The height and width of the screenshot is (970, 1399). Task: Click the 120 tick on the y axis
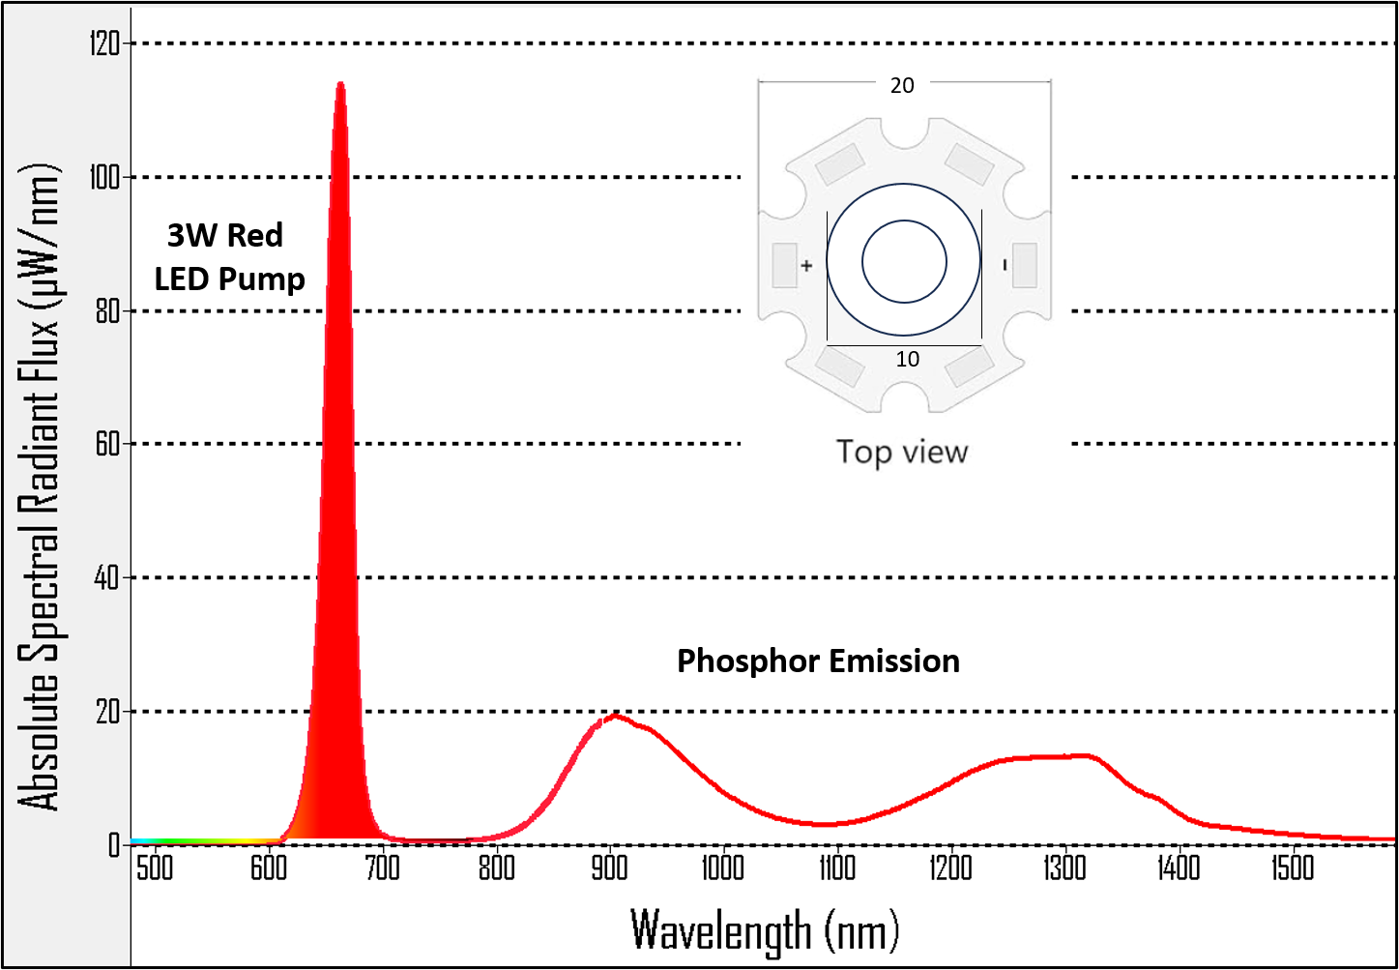click(104, 44)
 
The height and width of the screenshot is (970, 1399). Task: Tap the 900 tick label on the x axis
click(610, 867)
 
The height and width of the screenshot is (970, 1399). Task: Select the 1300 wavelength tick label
click(1064, 867)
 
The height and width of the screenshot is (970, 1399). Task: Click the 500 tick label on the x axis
click(155, 867)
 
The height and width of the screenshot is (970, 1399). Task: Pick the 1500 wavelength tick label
click(1293, 867)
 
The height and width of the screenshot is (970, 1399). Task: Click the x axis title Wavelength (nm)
click(765, 930)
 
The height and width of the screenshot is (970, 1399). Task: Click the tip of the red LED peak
click(340, 84)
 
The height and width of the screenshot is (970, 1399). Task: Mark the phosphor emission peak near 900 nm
click(613, 716)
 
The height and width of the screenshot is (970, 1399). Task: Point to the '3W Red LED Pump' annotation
click(229, 257)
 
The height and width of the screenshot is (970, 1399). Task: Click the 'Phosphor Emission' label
click(818, 661)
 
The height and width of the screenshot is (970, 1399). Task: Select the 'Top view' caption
click(902, 452)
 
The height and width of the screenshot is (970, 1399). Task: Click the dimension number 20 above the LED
click(902, 86)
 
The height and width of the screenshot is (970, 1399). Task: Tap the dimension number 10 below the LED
click(907, 360)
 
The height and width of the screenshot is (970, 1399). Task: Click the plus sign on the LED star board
click(806, 264)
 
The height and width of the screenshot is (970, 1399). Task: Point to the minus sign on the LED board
click(1006, 264)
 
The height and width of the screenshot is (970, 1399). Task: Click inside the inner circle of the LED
click(904, 261)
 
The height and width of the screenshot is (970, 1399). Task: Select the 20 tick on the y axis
click(107, 712)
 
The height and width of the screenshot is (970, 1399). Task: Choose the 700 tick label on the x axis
click(383, 867)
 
